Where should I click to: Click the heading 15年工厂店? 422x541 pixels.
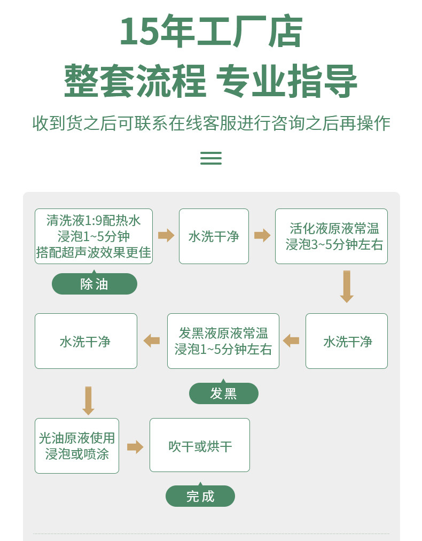pos(211,32)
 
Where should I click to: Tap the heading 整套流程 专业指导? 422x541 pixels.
pos(210,81)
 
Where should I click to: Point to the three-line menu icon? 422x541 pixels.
pos(211,158)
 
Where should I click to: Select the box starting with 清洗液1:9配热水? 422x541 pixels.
pos(94,236)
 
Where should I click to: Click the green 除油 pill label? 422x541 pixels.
pos(95,283)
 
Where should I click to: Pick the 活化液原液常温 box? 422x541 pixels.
pos(331,236)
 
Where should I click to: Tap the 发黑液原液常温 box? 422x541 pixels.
pos(223,341)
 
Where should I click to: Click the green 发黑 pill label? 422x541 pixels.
pos(224,392)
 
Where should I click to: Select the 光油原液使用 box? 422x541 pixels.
pos(77,446)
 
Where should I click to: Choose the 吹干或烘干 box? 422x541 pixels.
pos(200,445)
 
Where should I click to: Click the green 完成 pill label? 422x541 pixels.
pos(200,496)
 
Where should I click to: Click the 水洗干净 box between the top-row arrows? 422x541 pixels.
pos(214,236)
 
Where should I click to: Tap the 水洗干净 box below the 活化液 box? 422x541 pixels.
pos(347,341)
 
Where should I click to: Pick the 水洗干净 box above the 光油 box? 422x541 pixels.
pos(86,341)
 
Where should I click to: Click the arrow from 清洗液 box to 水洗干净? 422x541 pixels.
pos(166,236)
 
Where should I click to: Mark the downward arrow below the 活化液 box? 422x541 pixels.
pos(347,287)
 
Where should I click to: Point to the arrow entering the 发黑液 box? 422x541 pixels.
pos(291,341)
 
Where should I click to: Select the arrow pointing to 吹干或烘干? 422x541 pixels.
pos(135,447)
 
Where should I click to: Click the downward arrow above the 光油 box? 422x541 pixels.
pos(88,400)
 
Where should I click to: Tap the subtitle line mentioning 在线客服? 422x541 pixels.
pos(211,123)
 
